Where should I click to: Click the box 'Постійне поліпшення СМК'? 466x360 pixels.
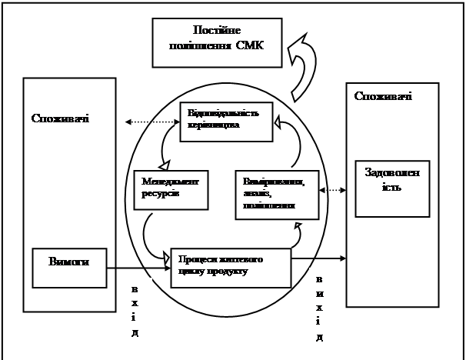coord(218,39)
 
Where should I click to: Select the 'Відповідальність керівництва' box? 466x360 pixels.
coord(227,122)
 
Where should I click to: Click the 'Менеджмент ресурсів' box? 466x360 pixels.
coord(171,188)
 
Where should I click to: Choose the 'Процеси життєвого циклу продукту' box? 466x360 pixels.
coord(231,267)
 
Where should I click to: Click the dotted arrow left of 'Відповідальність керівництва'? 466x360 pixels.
coord(151,122)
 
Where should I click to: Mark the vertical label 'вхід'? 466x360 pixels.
coord(135,312)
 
